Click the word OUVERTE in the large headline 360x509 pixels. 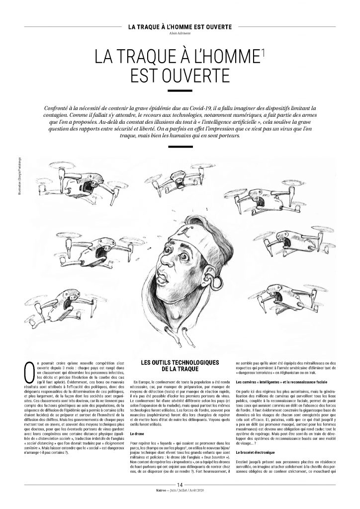pyautogui.click(x=180, y=76)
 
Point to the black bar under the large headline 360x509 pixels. pyautogui.click(x=180, y=91)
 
